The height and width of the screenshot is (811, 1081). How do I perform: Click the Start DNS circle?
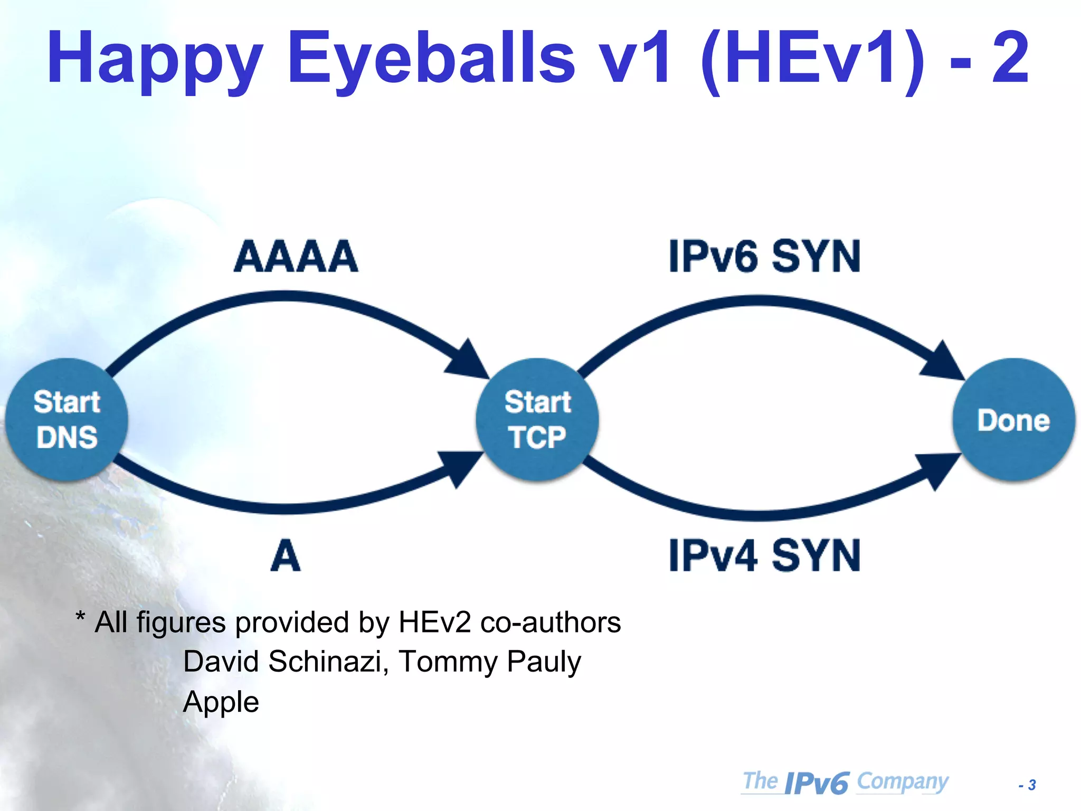[x=67, y=420]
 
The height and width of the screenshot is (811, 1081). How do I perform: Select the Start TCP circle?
[x=537, y=420]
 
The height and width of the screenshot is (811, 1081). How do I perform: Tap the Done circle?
[x=1013, y=420]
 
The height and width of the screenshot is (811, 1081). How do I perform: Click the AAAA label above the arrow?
[x=296, y=257]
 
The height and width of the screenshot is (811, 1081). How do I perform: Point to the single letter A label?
[x=285, y=556]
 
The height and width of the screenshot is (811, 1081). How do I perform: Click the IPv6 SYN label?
[x=764, y=257]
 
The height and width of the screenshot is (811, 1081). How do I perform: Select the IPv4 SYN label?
[x=764, y=556]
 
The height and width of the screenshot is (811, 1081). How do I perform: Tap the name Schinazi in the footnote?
[x=325, y=661]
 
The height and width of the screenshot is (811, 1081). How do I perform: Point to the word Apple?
[x=221, y=702]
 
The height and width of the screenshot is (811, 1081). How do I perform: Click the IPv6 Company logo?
[x=845, y=782]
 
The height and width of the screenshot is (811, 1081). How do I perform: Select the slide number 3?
[x=1032, y=785]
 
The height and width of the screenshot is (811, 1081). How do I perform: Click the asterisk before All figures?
[x=80, y=617]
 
